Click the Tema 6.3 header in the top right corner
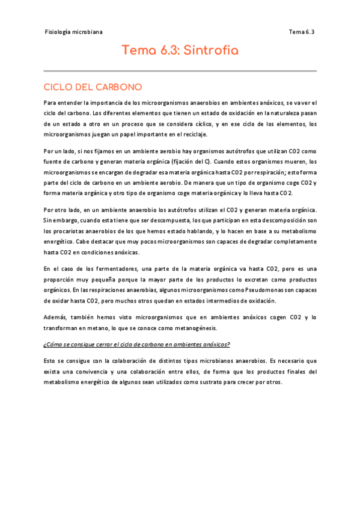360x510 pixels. click(x=302, y=32)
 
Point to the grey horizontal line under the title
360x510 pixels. click(x=180, y=71)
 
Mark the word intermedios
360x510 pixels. click(x=226, y=300)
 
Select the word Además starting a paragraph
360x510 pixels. click(x=56, y=317)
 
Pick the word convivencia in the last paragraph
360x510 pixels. click(x=90, y=371)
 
